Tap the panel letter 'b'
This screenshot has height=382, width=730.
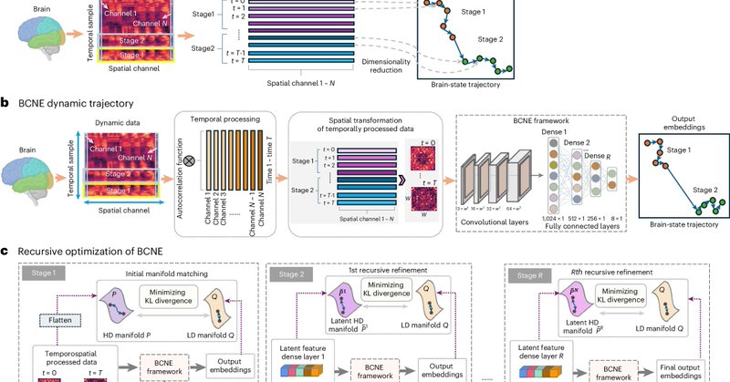click(5, 104)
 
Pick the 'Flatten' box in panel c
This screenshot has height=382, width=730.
click(57, 320)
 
